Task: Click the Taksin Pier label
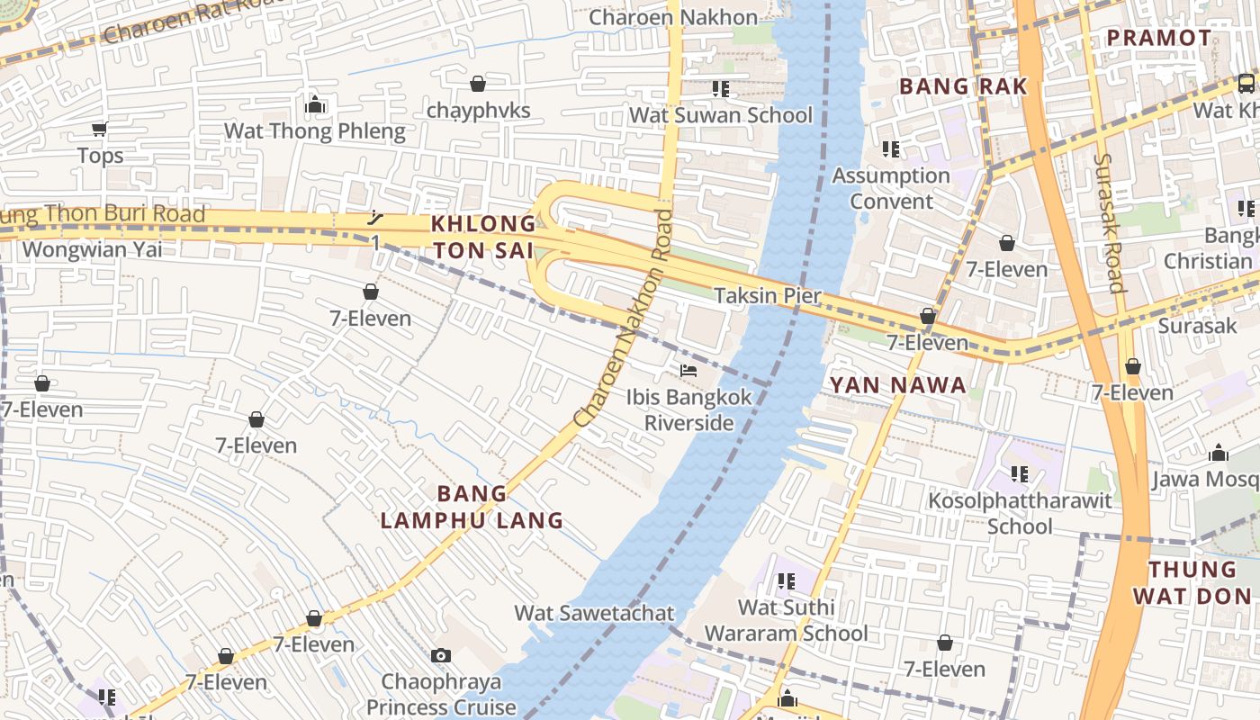point(767,295)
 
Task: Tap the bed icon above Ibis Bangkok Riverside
point(688,371)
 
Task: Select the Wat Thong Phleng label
point(314,130)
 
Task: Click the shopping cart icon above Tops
point(100,129)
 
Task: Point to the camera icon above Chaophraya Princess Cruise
point(440,655)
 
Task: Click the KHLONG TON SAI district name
point(482,237)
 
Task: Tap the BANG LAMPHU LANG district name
point(472,507)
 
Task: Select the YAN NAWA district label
point(897,385)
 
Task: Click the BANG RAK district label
point(963,86)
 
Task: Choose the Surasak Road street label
point(1110,222)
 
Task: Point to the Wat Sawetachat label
point(594,613)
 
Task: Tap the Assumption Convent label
point(891,188)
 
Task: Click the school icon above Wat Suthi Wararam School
point(786,581)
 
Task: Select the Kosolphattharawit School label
point(1020,513)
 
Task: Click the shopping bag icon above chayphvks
point(478,84)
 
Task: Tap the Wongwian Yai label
point(92,249)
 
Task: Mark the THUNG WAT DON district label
point(1192,582)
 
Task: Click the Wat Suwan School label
point(720,115)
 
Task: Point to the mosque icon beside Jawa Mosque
point(1219,453)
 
